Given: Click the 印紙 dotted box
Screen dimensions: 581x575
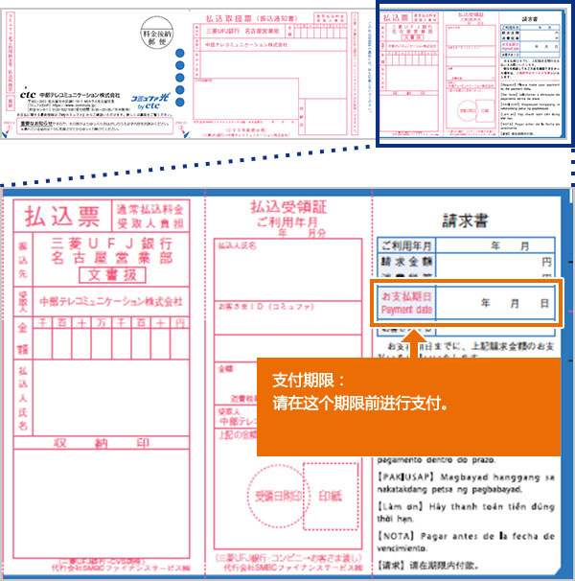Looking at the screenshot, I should [x=329, y=497].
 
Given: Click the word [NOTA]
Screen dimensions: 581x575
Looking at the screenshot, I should [x=397, y=532].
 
